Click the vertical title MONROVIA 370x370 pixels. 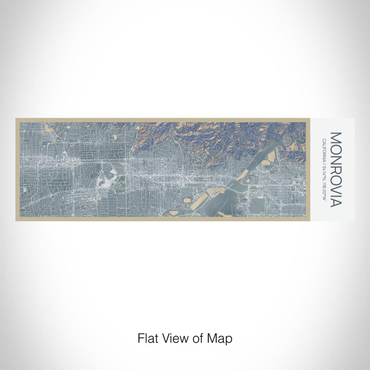(336, 169)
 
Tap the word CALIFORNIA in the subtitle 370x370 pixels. (323, 150)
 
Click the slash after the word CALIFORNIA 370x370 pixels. (323, 162)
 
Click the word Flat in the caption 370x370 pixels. (147, 337)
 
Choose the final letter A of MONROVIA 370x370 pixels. (336, 202)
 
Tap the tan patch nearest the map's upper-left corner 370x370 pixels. (49, 128)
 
